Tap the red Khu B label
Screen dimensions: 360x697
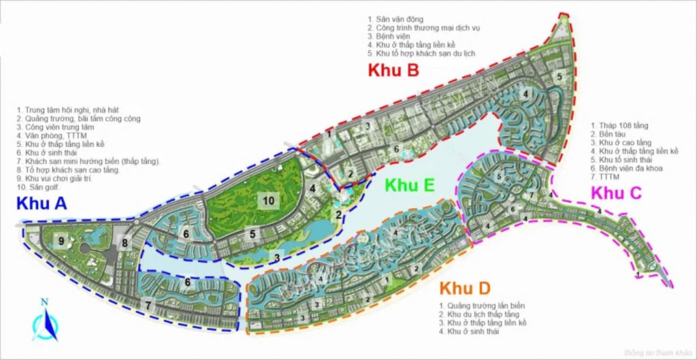pyautogui.click(x=393, y=70)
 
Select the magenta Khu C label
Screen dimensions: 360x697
pyautogui.click(x=616, y=193)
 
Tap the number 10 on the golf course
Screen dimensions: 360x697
pyautogui.click(x=270, y=199)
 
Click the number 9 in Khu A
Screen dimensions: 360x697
pyautogui.click(x=61, y=240)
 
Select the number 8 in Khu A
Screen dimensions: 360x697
pyautogui.click(x=125, y=242)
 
